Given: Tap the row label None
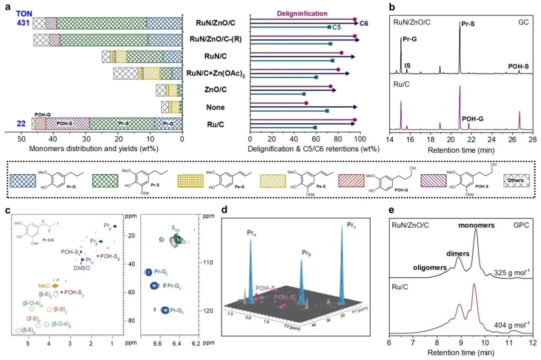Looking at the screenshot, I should click(215, 107).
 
